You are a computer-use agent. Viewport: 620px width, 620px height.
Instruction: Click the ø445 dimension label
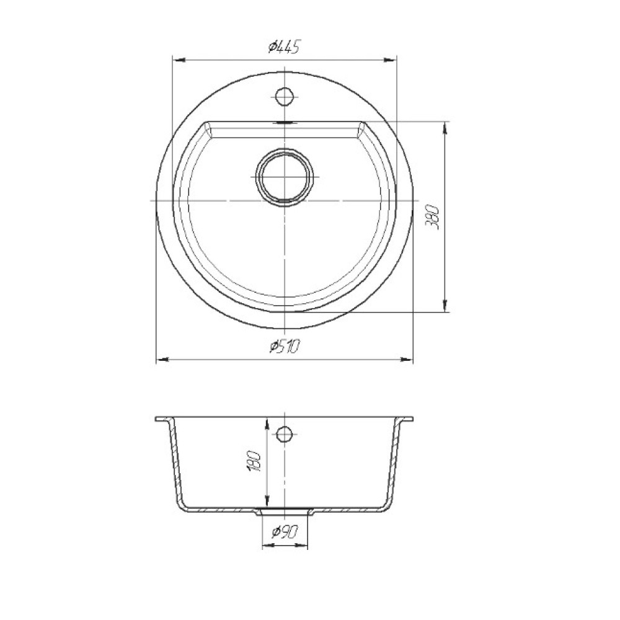tap(283, 47)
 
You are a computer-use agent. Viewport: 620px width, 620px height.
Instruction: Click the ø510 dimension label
tap(285, 347)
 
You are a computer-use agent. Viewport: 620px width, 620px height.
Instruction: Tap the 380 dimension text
tap(432, 217)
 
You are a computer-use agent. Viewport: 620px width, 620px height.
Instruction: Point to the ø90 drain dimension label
tap(285, 533)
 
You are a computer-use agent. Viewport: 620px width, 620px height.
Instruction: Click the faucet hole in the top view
tap(284, 96)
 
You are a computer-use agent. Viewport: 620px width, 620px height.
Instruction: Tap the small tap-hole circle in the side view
tap(284, 435)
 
